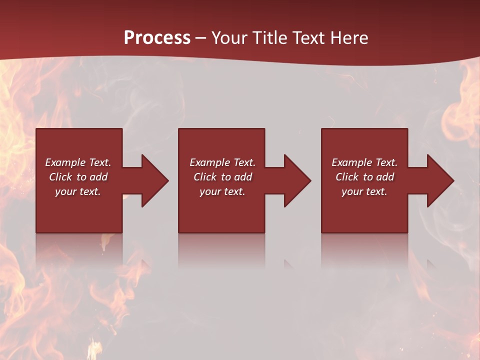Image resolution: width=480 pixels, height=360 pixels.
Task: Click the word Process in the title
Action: click(157, 37)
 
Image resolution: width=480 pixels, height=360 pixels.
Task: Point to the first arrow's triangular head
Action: click(155, 180)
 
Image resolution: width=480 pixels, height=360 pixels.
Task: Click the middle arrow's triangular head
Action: click(297, 180)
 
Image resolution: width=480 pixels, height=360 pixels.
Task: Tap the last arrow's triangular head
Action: click(440, 180)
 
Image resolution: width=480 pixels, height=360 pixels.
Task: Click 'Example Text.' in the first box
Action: click(78, 162)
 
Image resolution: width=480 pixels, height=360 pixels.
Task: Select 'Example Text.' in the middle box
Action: click(222, 162)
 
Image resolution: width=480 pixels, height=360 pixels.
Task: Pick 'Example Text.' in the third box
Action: click(364, 162)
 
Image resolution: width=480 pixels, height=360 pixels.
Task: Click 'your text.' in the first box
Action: click(77, 191)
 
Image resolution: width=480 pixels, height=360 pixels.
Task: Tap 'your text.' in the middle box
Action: click(222, 191)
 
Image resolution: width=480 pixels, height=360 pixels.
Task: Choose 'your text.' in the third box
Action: click(364, 191)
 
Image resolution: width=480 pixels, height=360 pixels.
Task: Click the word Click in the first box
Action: click(60, 177)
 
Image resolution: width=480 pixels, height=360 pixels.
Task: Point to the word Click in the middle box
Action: click(205, 177)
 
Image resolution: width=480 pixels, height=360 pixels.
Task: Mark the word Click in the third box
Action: click(347, 177)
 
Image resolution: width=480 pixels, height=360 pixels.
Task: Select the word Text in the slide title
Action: click(310, 37)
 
